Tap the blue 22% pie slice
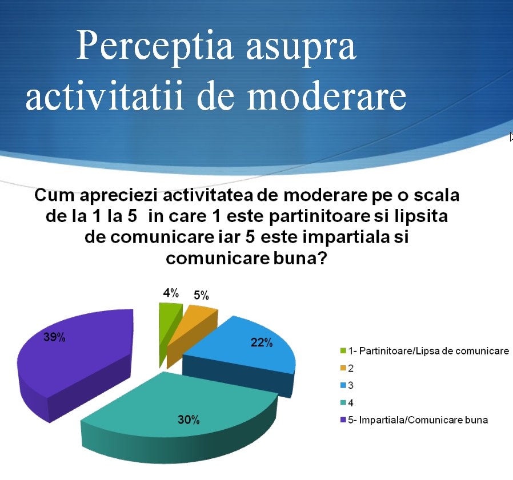pyautogui.click(x=242, y=353)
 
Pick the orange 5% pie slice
pyautogui.click(x=192, y=330)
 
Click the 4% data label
pyautogui.click(x=171, y=293)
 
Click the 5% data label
pyautogui.click(x=201, y=295)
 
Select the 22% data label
pyautogui.click(x=262, y=342)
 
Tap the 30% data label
pyautogui.click(x=189, y=420)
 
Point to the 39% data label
pyautogui.click(x=54, y=337)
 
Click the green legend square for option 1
pyautogui.click(x=343, y=351)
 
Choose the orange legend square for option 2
pyautogui.click(x=343, y=368)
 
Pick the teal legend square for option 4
pyautogui.click(x=343, y=402)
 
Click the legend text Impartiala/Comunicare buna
pyautogui.click(x=423, y=420)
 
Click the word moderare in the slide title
pyautogui.click(x=326, y=95)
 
